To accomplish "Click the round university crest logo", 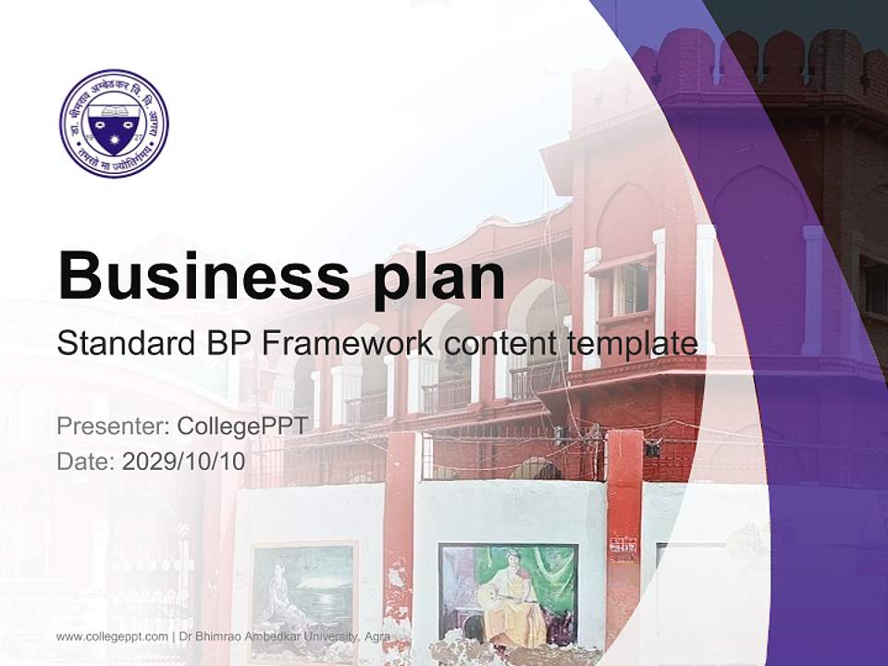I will click(x=114, y=123).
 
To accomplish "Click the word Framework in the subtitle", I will click(x=348, y=344).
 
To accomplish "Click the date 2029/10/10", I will click(x=184, y=461).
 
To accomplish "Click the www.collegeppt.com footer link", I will click(x=112, y=637).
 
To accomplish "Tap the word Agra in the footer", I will click(x=376, y=637).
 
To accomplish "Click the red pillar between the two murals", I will click(x=400, y=536).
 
